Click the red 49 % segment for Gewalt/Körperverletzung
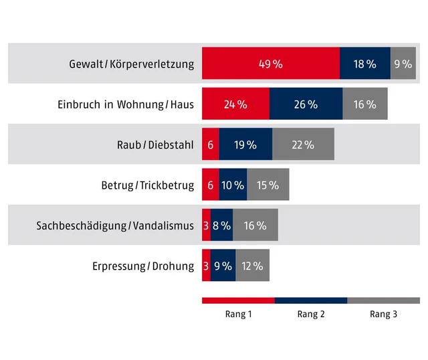(x=271, y=64)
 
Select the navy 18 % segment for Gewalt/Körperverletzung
(x=364, y=64)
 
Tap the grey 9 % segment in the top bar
(x=403, y=64)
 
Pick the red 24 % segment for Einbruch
(x=235, y=104)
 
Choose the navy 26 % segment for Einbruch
(x=306, y=104)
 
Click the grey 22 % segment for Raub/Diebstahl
(x=303, y=145)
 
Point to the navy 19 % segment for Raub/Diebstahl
(x=245, y=145)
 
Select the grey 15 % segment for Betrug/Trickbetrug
(x=267, y=185)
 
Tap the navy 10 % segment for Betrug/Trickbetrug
(x=233, y=185)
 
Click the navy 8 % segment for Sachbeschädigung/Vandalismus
(x=221, y=226)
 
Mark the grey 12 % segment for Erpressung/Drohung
(x=252, y=266)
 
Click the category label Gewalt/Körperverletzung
(x=131, y=65)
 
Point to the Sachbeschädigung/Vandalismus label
(x=115, y=226)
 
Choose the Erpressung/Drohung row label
(x=143, y=266)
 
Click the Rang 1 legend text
(x=238, y=314)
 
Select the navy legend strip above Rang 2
(x=311, y=300)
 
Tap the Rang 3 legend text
(x=384, y=314)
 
